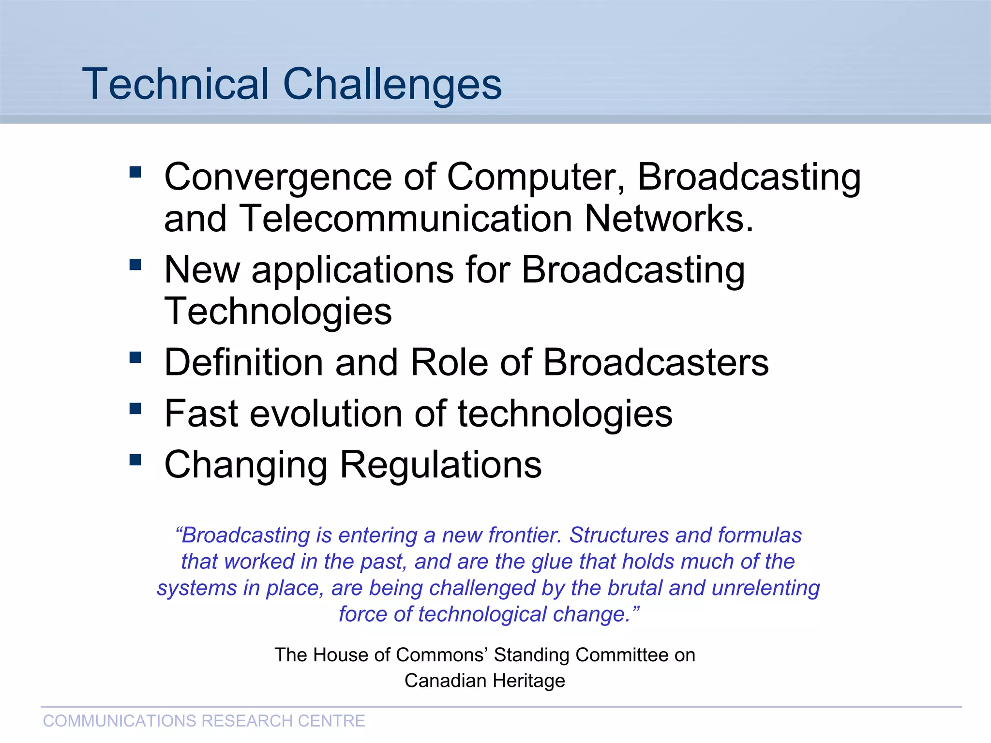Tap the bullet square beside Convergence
[x=135, y=172]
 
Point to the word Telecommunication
[x=405, y=219]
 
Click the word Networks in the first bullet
[x=668, y=219]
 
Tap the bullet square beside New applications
[x=135, y=265]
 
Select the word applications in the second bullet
[x=353, y=270]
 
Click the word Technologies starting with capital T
[x=278, y=312]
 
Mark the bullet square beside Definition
[x=135, y=357]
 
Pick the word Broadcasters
[x=656, y=362]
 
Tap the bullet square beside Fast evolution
[x=135, y=409]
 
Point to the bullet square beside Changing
[x=135, y=460]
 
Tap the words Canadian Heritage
[x=484, y=681]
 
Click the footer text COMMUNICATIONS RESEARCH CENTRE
[x=204, y=721]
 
